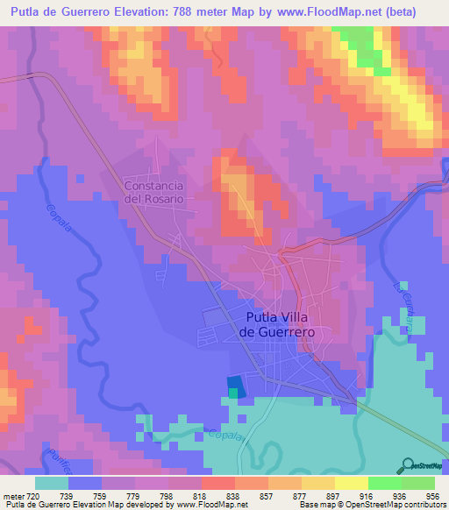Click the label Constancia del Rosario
(x=154, y=192)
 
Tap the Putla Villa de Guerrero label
(x=277, y=325)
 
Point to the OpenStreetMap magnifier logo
(x=408, y=464)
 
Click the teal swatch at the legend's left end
(x=52, y=482)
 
